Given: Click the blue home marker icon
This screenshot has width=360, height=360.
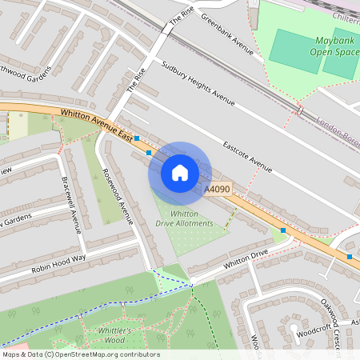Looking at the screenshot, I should (x=180, y=173).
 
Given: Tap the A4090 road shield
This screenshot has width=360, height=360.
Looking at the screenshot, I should (x=217, y=189).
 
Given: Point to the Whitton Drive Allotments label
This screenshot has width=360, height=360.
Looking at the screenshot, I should (x=191, y=218).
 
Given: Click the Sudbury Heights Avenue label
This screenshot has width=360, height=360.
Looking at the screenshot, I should (x=198, y=83).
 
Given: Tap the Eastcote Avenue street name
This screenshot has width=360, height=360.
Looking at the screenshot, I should (x=248, y=157).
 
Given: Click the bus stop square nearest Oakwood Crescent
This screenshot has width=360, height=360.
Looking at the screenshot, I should (x=350, y=257).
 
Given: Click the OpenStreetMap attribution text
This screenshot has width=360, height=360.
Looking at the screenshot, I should (x=80, y=354).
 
